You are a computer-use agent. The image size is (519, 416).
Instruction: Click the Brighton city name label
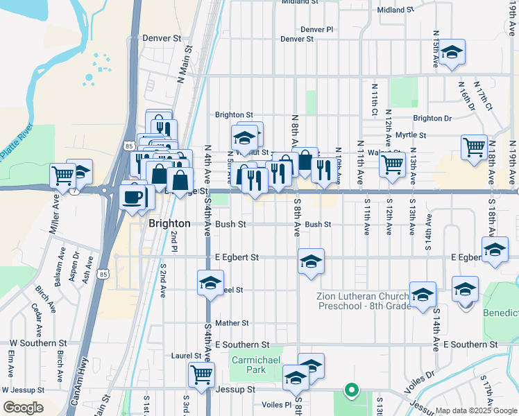tap(169, 223)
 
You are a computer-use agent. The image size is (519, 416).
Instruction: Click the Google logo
tap(23, 408)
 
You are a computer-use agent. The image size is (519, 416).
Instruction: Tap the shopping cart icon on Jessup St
tap(201, 375)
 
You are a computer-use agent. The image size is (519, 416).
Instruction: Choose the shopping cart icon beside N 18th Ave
tap(474, 147)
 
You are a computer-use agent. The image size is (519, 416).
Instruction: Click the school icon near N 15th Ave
tap(452, 53)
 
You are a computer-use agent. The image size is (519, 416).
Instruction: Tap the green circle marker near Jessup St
tap(351, 390)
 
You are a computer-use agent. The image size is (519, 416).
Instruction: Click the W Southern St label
tap(38, 343)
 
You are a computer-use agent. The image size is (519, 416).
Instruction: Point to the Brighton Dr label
tap(432, 119)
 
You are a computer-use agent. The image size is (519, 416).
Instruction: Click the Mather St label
tap(232, 323)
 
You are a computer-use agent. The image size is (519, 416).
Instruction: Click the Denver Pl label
tap(317, 30)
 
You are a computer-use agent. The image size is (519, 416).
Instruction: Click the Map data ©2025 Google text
tap(475, 410)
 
